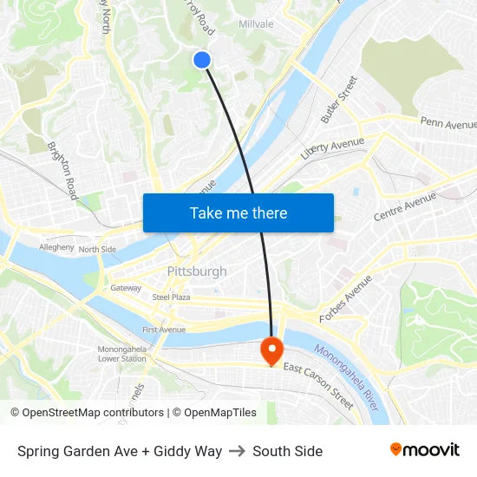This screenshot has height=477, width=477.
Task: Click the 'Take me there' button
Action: click(238, 212)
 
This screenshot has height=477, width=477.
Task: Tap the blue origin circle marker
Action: click(202, 59)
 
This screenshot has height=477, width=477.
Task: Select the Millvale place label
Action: click(256, 23)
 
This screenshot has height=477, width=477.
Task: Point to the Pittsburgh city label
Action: click(197, 271)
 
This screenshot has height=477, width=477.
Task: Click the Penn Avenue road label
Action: click(448, 124)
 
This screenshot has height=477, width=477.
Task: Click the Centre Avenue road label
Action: click(404, 206)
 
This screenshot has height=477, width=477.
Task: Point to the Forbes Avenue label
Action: click(345, 300)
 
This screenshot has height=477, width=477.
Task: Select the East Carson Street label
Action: click(318, 386)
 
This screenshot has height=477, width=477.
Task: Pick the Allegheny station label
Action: click(57, 247)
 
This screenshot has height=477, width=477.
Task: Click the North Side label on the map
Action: click(97, 250)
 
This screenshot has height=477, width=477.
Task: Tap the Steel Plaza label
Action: click(171, 297)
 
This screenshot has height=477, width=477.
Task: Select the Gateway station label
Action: click(125, 288)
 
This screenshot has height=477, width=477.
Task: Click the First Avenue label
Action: click(164, 330)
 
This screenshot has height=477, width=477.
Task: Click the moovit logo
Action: click(425, 449)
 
